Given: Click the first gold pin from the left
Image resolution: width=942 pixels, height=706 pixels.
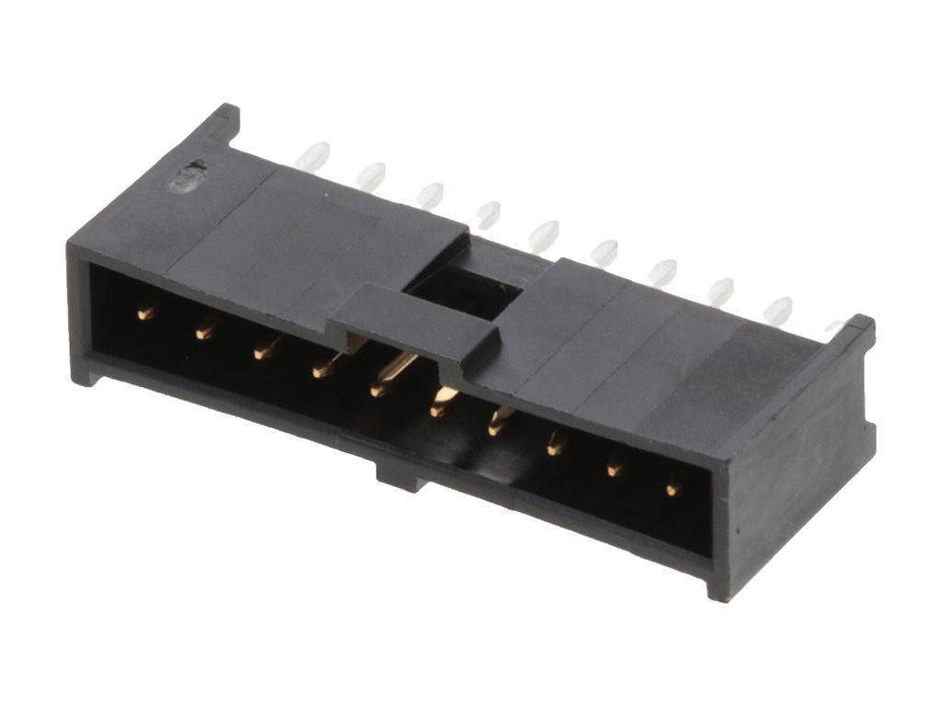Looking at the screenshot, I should [x=145, y=313].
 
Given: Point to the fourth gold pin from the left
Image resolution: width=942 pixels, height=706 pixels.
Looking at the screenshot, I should [x=323, y=369].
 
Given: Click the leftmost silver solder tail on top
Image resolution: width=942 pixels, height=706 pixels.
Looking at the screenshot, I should [x=312, y=155].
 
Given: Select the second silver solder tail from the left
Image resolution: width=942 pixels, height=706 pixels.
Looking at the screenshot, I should [x=371, y=175].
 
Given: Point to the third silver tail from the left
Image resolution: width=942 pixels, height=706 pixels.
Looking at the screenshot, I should [x=429, y=194].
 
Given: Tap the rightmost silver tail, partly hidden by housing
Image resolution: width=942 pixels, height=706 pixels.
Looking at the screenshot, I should [x=836, y=326].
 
